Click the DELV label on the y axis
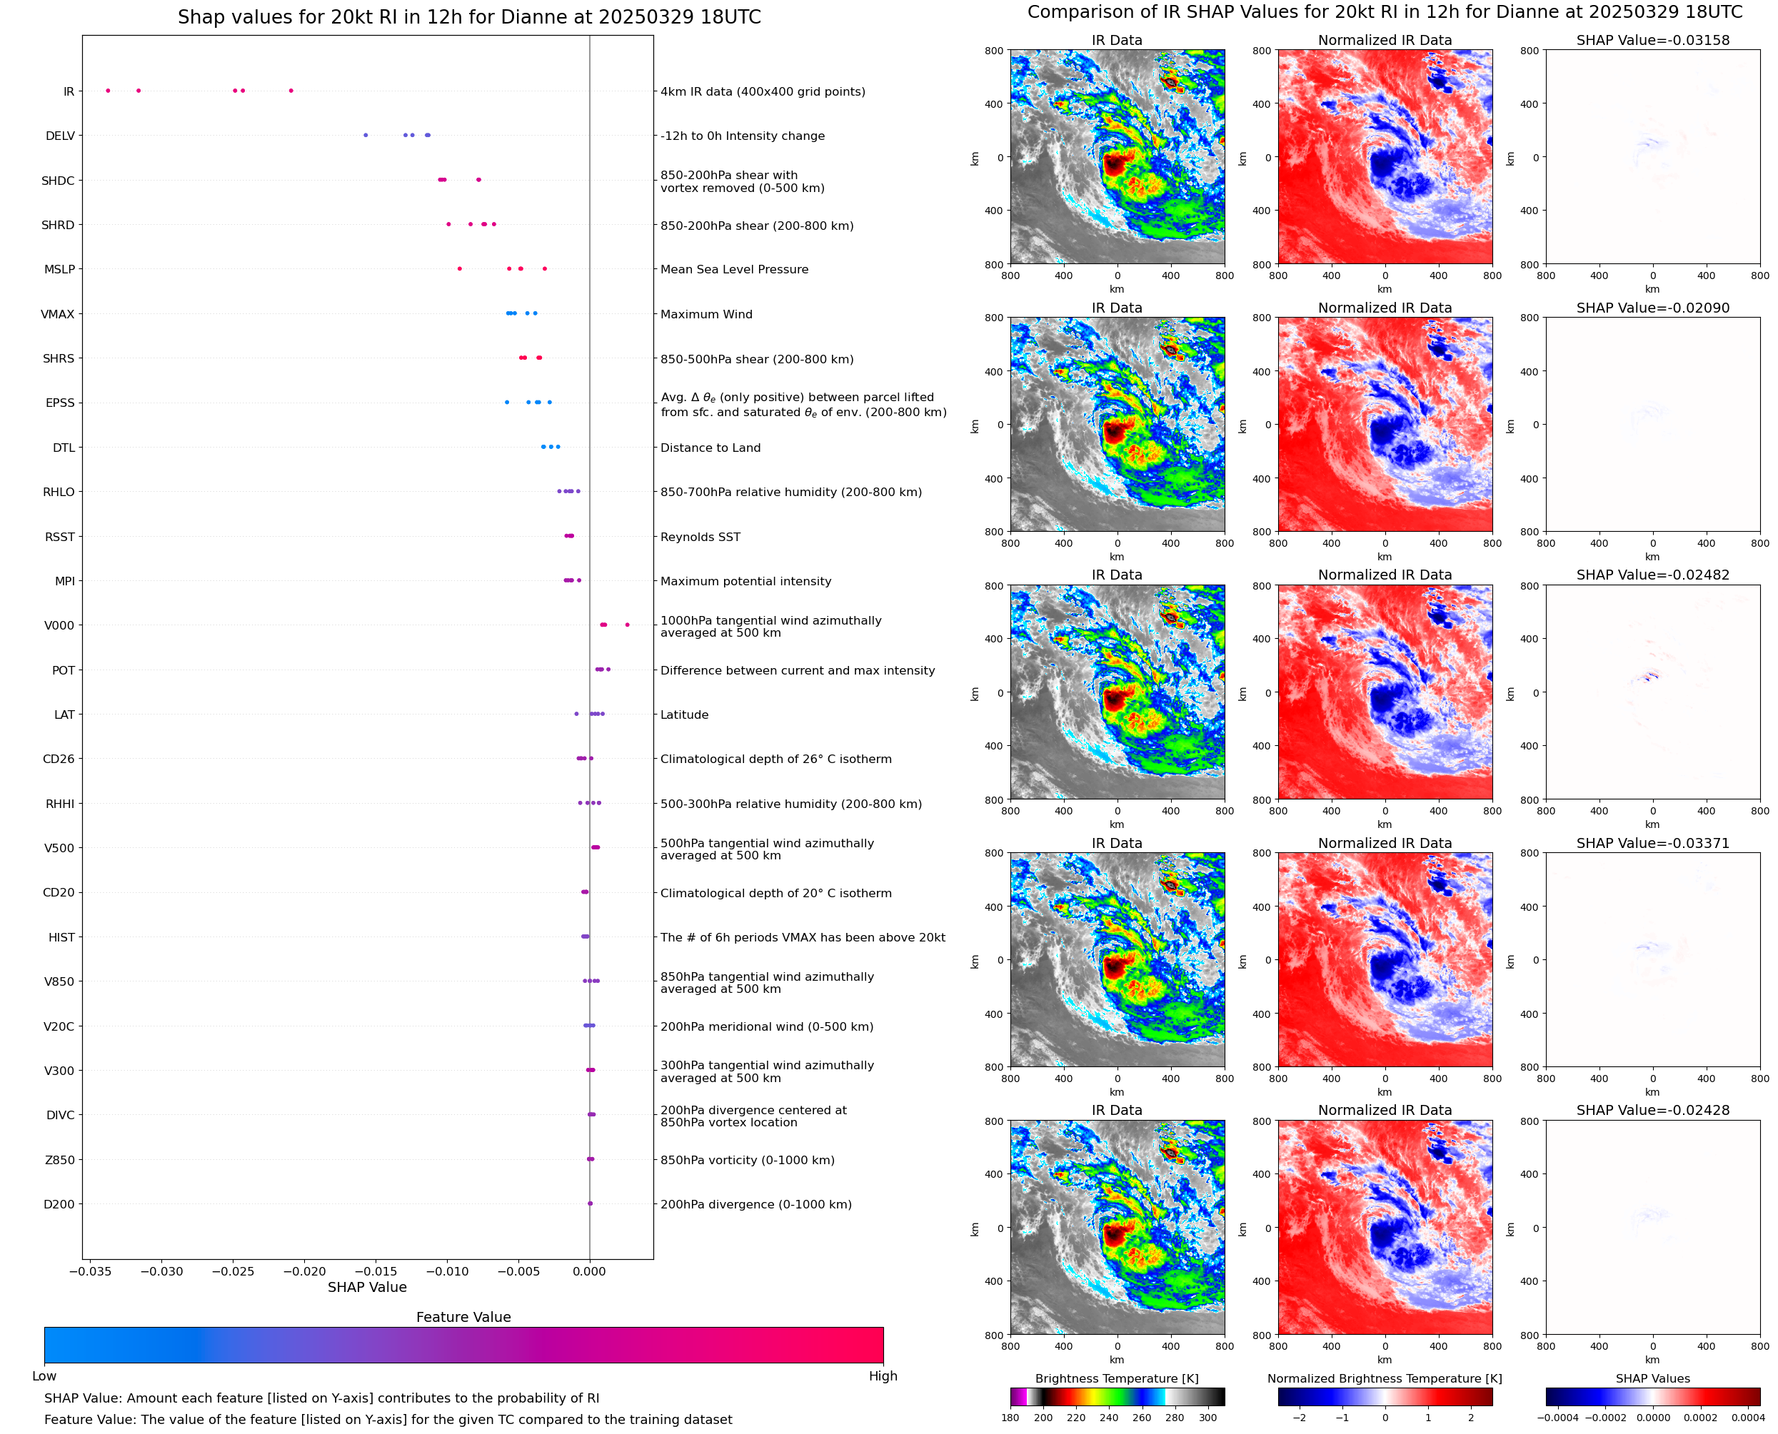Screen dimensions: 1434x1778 (x=59, y=136)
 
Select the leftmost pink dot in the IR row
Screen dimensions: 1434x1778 (x=109, y=91)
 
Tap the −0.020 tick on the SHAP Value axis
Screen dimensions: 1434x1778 (x=305, y=1271)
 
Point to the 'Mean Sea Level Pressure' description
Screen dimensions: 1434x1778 (x=733, y=269)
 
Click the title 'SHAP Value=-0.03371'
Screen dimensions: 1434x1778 (x=1652, y=844)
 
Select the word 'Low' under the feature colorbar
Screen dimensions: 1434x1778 (x=44, y=1376)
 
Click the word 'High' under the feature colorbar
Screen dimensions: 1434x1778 (x=883, y=1376)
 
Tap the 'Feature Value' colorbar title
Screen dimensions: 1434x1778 (x=463, y=1318)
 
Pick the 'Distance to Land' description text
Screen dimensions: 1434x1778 (x=710, y=448)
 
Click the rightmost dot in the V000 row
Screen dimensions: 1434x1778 (x=627, y=625)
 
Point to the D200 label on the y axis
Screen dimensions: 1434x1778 (x=59, y=1204)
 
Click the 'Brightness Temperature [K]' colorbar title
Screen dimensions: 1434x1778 (x=1116, y=1378)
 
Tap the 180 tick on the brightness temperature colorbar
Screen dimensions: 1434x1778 (x=1010, y=1418)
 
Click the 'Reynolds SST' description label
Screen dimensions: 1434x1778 (x=700, y=537)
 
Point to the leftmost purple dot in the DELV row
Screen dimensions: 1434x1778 (x=366, y=136)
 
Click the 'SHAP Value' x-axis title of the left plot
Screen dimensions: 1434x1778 (x=367, y=1287)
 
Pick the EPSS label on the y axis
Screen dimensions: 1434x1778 (x=59, y=403)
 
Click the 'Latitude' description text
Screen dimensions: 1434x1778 (x=684, y=715)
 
